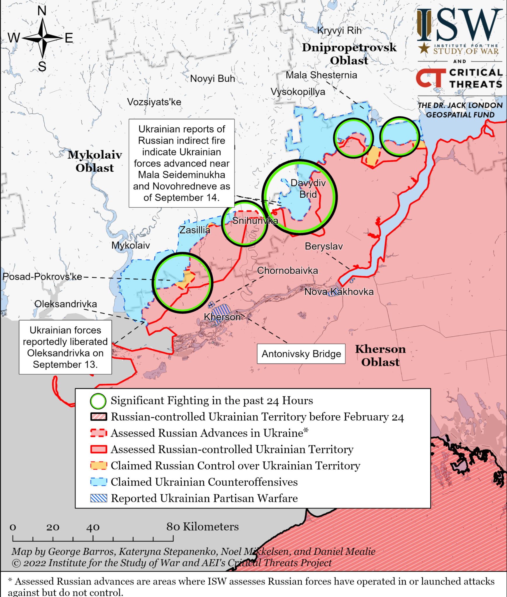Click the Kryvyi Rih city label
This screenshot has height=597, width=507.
[339, 30]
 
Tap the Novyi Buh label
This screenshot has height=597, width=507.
[212, 79]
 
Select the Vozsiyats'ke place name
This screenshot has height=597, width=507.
[154, 102]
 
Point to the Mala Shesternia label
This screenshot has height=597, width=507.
[321, 75]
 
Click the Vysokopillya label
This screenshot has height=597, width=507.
[298, 92]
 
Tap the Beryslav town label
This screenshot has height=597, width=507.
[324, 246]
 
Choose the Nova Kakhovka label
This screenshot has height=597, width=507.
[339, 292]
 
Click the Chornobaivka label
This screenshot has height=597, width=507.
[287, 271]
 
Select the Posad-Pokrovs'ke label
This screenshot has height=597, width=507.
[42, 277]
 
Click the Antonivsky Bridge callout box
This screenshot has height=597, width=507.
[301, 354]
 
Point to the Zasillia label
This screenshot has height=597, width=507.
[195, 230]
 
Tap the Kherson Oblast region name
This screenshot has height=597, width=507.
[380, 356]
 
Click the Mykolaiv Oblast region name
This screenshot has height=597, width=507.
[95, 161]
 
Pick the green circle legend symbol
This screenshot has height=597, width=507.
[98, 401]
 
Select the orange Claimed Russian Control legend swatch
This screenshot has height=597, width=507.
[99, 466]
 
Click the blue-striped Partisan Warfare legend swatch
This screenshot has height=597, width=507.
[99, 498]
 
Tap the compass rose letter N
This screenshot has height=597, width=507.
[42, 11]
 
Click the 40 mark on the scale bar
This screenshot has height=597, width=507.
[93, 528]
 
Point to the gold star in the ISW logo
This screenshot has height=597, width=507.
[424, 48]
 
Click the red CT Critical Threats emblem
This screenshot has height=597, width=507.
[431, 78]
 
